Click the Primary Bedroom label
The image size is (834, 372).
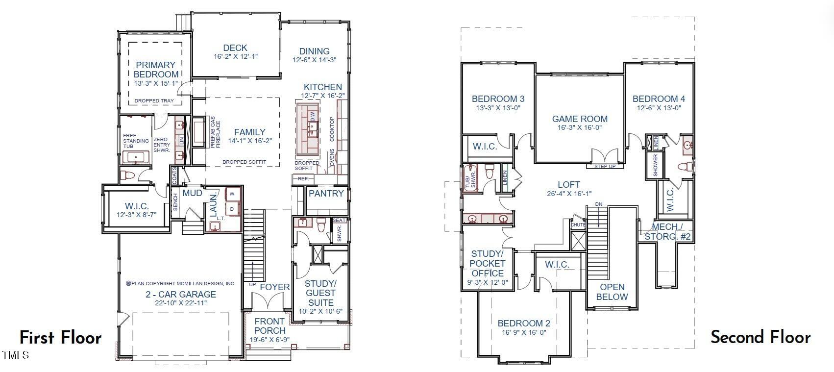[156, 70]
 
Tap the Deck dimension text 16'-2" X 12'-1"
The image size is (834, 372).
[235, 57]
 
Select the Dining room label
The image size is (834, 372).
[314, 51]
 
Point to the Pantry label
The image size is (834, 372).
[326, 194]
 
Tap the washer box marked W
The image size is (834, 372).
[232, 194]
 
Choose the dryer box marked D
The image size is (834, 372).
[232, 209]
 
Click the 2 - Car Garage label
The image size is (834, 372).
[180, 295]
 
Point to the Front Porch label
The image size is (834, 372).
[270, 326]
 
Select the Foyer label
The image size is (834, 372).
[274, 287]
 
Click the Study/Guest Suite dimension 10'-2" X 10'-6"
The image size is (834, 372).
[320, 312]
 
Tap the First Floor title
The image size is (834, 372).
[60, 338]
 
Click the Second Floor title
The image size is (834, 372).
[760, 337]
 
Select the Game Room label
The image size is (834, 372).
[580, 119]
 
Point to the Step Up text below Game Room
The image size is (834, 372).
[605, 167]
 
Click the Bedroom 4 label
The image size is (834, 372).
[659, 99]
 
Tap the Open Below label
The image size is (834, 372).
[612, 292]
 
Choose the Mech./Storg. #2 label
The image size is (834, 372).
[667, 232]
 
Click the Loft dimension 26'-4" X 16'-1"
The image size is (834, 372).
[569, 194]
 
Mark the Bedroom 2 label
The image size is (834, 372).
[523, 323]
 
